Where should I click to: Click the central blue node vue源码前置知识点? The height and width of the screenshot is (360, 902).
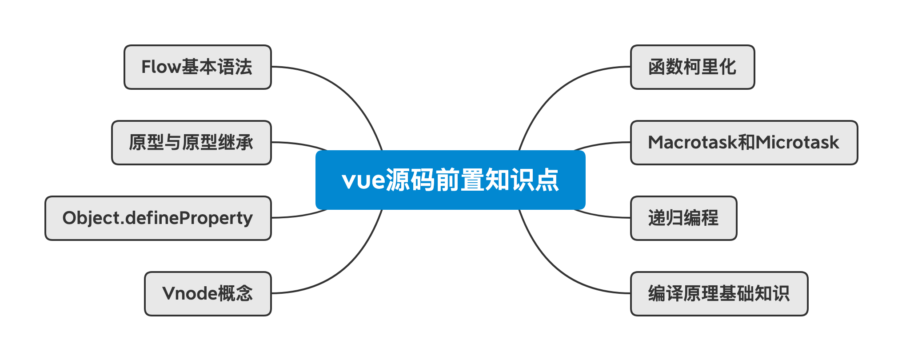point(450,180)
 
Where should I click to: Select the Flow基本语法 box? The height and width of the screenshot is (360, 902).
point(197,67)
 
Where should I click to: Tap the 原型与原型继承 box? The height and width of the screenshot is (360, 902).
point(191,143)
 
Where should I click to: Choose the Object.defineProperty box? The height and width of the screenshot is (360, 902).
point(158,218)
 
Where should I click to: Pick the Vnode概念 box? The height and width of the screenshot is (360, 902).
point(208,294)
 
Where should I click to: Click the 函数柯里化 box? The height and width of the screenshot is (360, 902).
point(692,67)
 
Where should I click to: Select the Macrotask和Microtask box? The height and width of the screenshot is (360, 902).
point(744,143)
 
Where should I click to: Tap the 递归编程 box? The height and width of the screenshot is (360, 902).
point(683,218)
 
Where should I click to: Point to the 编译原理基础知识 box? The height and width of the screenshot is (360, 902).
point(719,294)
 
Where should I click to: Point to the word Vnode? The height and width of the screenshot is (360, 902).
point(190,294)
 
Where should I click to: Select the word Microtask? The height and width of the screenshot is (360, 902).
point(797,143)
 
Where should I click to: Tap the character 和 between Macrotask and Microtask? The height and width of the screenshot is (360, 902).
point(746,143)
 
